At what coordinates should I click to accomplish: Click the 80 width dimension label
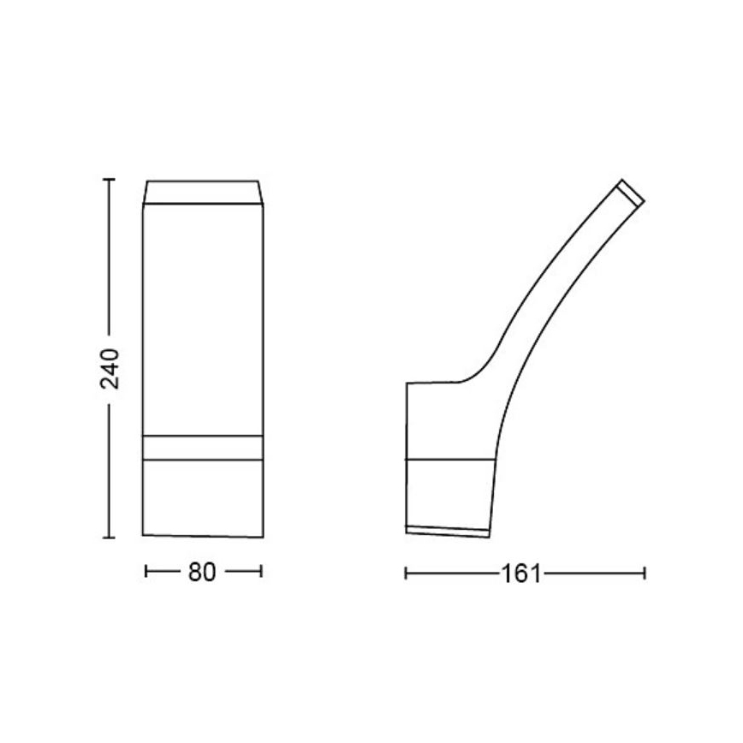pos(202,573)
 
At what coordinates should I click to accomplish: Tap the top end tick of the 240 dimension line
pos(109,180)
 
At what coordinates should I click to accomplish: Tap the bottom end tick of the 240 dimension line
pos(109,538)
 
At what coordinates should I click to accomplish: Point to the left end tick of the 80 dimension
pos(147,572)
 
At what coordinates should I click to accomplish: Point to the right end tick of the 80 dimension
pos(261,572)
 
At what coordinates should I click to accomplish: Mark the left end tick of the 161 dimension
pos(406,573)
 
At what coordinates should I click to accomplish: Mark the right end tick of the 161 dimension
pos(645,573)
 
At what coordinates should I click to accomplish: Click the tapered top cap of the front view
pos(202,193)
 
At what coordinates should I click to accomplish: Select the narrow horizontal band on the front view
pos(202,448)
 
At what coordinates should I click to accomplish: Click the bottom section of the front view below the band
pos(202,498)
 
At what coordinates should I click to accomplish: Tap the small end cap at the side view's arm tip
pos(632,192)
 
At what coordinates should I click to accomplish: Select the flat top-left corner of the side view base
pos(407,383)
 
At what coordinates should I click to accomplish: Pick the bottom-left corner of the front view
pos(143,535)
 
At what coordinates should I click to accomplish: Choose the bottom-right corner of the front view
pos(261,538)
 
